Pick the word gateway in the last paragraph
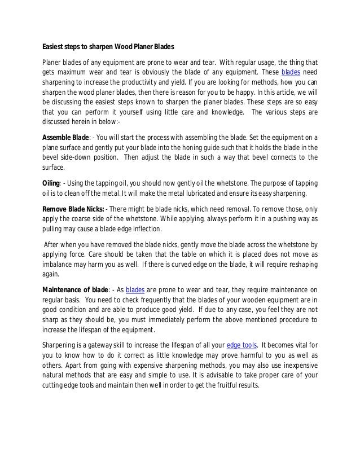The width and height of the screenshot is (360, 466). coord(93,345)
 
